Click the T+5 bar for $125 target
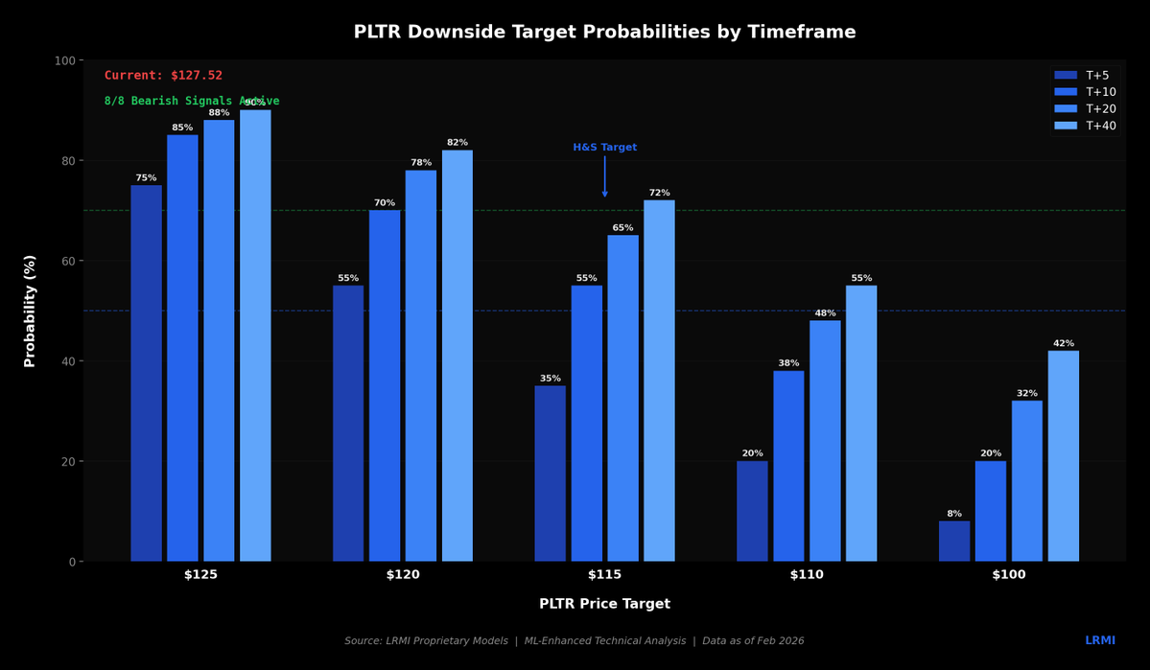tap(146, 374)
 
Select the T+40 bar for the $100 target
tap(1063, 456)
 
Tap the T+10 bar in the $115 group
tap(586, 424)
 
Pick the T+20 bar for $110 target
tap(825, 441)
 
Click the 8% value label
tap(953, 514)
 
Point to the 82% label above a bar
tap(457, 143)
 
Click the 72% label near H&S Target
tap(659, 193)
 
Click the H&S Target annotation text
tap(604, 148)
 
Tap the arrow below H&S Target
tap(604, 177)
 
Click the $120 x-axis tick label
tap(403, 575)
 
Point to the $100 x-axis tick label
tap(1008, 575)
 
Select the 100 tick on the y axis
tap(63, 60)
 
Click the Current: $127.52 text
tap(163, 76)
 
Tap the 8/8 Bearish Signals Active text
tap(192, 101)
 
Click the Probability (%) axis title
tap(30, 311)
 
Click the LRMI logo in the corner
tap(1099, 640)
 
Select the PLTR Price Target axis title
tap(604, 604)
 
